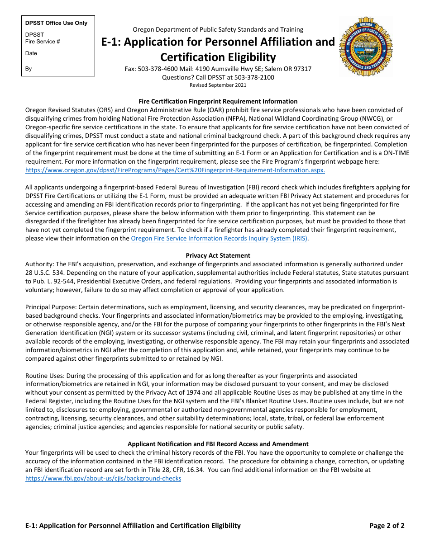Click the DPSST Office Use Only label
pos(56,23)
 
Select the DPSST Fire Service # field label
pos(43,38)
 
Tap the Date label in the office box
pos(31,53)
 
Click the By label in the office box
pos(29,69)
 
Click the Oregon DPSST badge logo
pos(366,47)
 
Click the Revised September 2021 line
pos(218,85)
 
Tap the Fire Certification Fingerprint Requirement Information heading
pos(218,101)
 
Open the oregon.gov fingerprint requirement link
pos(175,170)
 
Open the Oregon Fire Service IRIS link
pos(219,239)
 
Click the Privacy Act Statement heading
pos(218,255)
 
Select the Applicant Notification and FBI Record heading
pos(218,444)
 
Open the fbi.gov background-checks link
pos(103,478)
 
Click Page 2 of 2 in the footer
pos(387,525)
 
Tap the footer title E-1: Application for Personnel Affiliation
pos(133,525)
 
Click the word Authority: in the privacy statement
pos(39,264)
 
